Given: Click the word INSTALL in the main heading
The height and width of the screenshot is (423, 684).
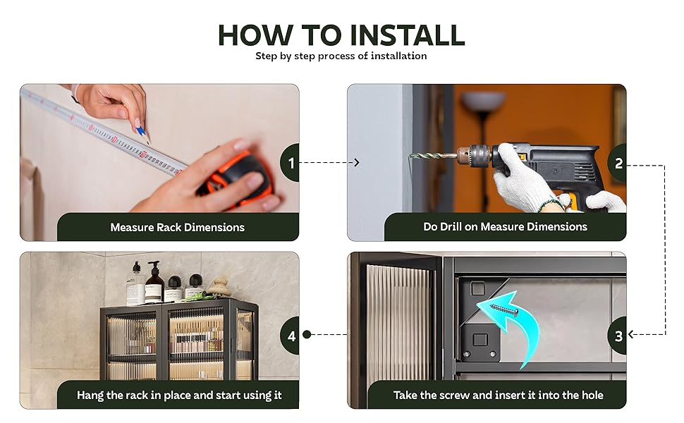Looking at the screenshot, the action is (x=407, y=35).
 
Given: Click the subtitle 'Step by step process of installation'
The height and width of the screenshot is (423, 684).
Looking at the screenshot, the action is (x=341, y=56).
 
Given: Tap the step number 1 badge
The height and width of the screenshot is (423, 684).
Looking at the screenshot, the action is (x=291, y=163).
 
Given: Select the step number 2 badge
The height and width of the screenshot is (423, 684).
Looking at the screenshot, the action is (x=618, y=163).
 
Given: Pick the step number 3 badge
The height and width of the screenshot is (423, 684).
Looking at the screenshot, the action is (x=618, y=336).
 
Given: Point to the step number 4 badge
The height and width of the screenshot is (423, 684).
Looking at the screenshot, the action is (x=291, y=336).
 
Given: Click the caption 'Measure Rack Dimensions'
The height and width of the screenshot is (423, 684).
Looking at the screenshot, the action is (x=177, y=227).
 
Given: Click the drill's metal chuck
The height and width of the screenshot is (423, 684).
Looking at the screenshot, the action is (x=475, y=155).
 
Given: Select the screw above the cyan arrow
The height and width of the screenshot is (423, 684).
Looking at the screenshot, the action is (x=504, y=310).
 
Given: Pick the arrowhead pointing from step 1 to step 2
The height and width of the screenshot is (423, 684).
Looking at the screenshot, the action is (x=356, y=163).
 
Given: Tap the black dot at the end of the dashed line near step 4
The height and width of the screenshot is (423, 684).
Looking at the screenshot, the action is (x=307, y=334).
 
